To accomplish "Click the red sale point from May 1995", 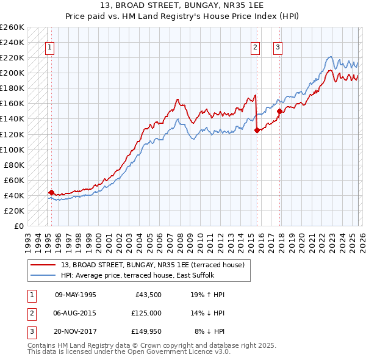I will [x=51, y=192].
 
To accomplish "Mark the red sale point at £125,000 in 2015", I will [x=257, y=130].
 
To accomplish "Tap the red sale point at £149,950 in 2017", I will [x=280, y=111].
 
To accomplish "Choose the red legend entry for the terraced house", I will [x=152, y=265].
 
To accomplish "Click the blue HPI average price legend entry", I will [x=146, y=275].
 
